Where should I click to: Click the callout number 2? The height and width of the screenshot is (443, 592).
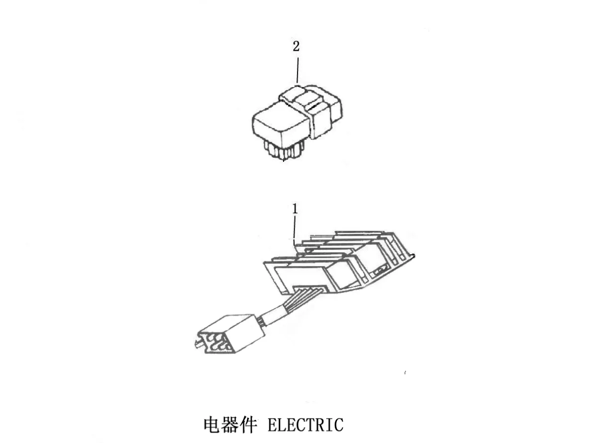(x=296, y=46)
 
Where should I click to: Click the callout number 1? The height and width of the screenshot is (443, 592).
(x=295, y=209)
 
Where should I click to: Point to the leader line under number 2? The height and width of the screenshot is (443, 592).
(x=297, y=70)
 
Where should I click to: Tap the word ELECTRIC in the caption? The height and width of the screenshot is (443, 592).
(x=305, y=425)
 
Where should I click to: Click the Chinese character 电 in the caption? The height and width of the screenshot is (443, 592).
(x=212, y=425)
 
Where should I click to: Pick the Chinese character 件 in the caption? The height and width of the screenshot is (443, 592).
(x=248, y=425)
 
